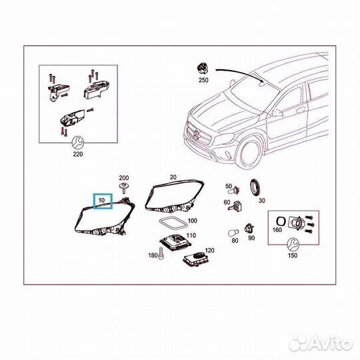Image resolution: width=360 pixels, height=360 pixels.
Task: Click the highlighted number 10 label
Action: tap(103, 200)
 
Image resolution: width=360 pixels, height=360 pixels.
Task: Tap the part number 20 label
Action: tap(173, 177)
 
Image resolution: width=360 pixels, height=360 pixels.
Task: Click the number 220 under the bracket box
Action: tap(77, 153)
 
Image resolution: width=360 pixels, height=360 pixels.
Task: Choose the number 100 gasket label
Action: tap(192, 220)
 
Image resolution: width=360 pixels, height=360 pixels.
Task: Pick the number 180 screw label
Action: tap(151, 255)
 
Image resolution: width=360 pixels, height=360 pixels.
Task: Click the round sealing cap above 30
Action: tap(255, 187)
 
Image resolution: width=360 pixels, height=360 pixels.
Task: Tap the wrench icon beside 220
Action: tap(77, 142)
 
